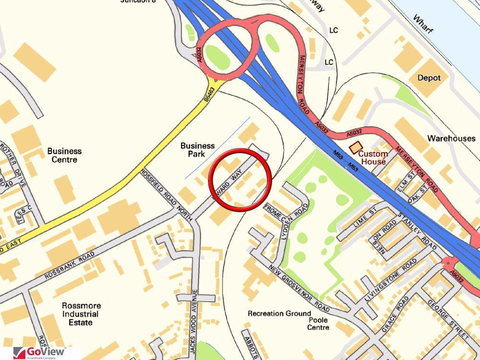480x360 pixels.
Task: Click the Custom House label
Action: (373, 157)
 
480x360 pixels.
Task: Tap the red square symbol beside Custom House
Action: (355, 148)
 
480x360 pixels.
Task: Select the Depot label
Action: (429, 78)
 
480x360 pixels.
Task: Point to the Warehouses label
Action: (451, 138)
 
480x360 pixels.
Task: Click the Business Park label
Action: (197, 149)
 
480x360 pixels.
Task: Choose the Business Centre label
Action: (64, 155)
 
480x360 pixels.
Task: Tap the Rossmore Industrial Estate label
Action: (82, 314)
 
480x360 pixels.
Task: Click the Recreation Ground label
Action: (279, 313)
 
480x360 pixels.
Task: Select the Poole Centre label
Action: (319, 324)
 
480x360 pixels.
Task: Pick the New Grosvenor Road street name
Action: (299, 288)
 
